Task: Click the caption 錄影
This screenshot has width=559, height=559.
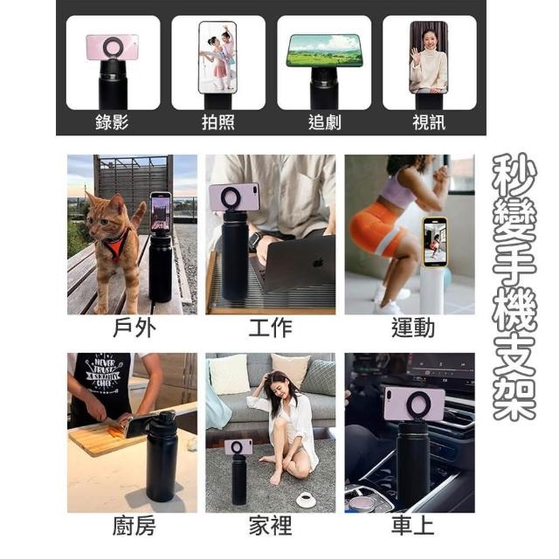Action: coord(112,122)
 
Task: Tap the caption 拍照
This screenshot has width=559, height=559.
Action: coord(218,122)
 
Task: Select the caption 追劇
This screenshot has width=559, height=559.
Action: coord(324,122)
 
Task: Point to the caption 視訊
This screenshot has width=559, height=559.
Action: coord(429,122)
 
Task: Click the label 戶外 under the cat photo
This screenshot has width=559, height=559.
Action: coord(135,328)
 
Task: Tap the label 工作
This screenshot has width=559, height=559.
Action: coord(271,328)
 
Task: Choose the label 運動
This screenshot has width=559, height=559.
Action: coord(413,328)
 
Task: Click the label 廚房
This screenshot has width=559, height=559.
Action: coord(134,526)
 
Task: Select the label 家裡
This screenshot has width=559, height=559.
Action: coord(271,526)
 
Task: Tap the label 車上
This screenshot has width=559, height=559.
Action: coord(413,526)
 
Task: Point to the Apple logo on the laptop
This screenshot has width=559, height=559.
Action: coord(318,262)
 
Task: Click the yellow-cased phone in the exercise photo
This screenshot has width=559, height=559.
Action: coord(435,242)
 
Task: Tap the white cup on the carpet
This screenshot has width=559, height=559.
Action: coord(307,499)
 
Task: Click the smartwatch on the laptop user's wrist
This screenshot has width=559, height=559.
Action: coord(254,240)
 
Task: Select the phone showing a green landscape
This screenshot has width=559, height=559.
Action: coord(325,51)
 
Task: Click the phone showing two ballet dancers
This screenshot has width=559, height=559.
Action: coord(217,57)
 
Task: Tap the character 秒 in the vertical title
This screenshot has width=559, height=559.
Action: coord(514,175)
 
